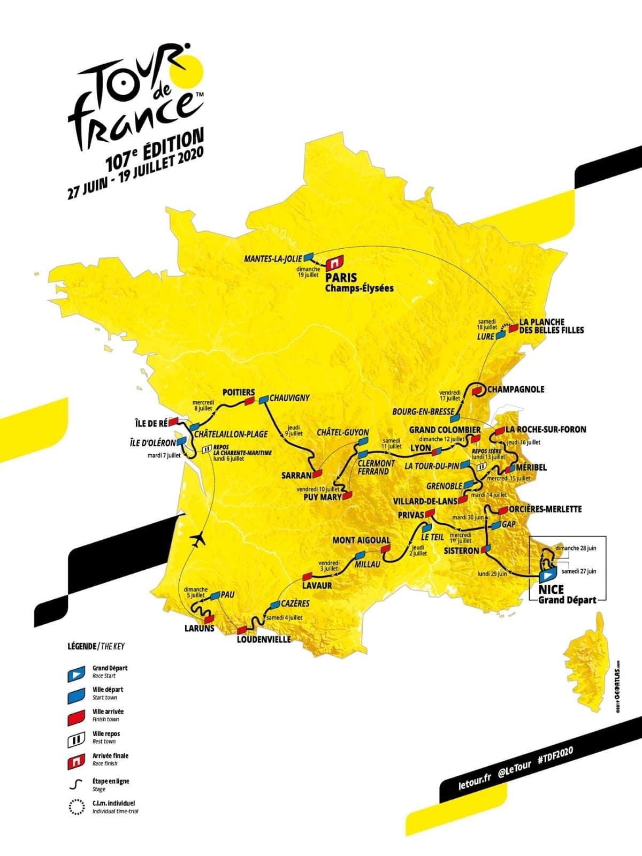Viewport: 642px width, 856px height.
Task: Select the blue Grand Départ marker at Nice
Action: (547, 576)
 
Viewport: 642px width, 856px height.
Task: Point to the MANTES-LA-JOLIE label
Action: (273, 258)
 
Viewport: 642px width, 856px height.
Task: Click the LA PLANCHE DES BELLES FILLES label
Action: (551, 326)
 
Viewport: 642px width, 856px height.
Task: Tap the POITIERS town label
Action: (239, 392)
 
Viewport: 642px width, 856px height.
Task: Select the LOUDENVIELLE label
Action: (263, 639)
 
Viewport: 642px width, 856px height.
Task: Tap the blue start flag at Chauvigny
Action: (263, 399)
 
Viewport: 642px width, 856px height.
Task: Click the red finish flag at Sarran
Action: (318, 473)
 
